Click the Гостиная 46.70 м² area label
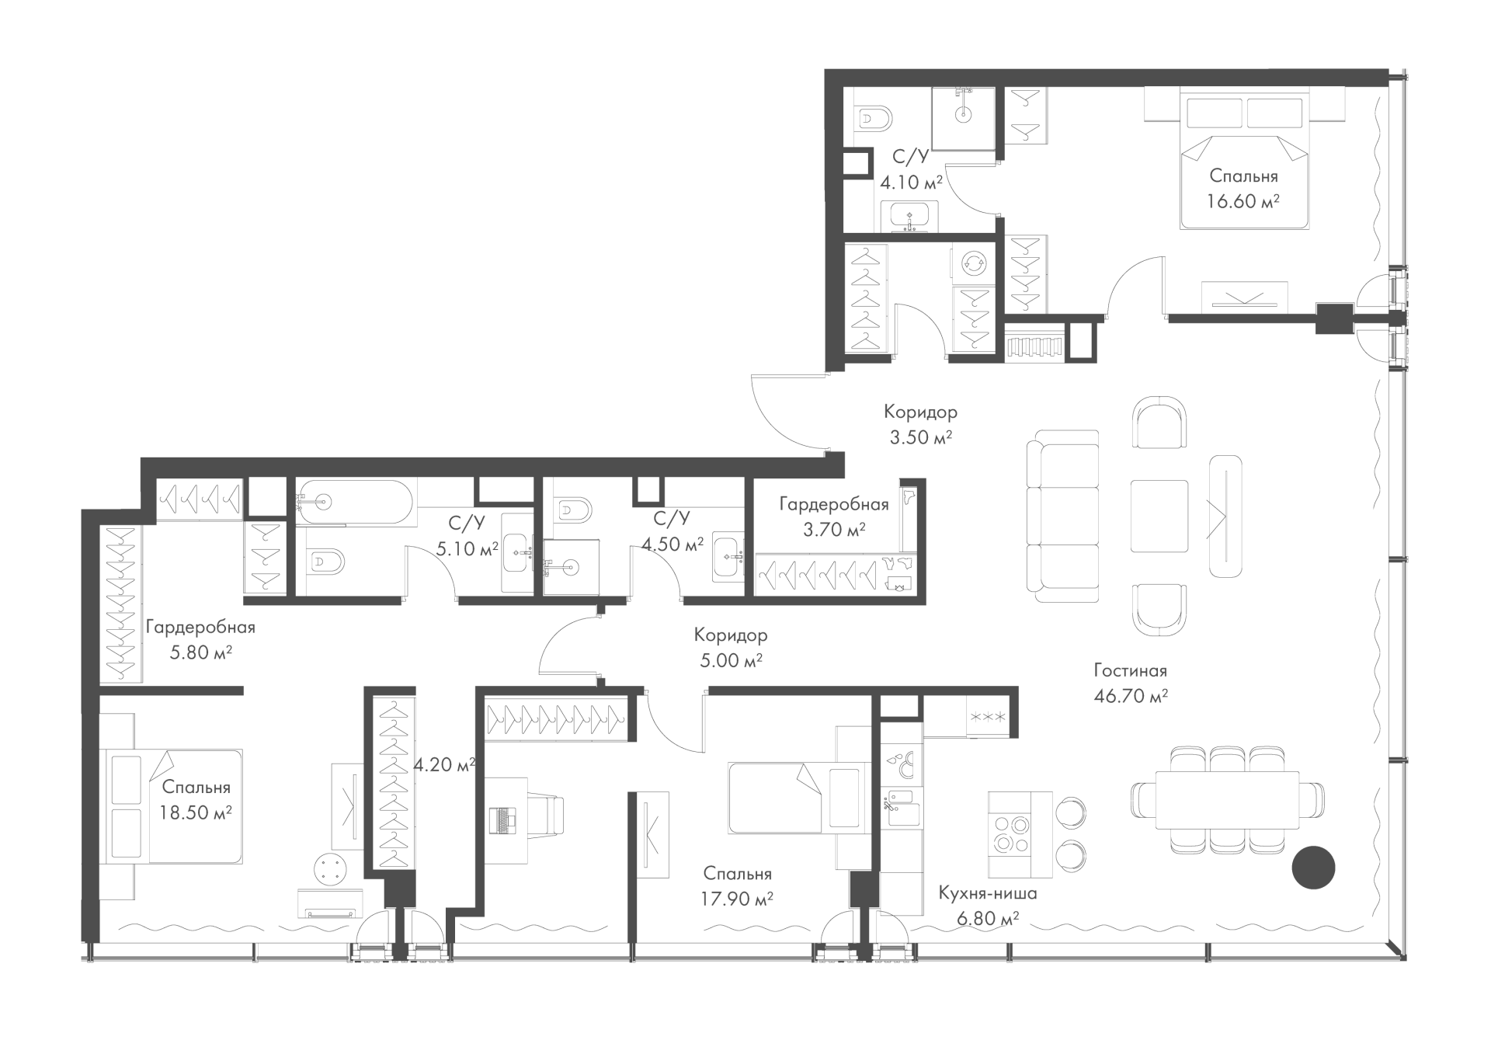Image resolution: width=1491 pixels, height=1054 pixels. coord(1131,683)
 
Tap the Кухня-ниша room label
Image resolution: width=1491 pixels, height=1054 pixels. coord(987,893)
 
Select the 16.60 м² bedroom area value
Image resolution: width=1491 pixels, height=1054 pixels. coord(1242,202)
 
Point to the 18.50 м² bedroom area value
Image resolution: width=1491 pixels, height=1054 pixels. coord(196,813)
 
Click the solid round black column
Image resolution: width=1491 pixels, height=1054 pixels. coord(1313,866)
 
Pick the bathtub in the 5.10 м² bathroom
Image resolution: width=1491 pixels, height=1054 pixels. coord(356,502)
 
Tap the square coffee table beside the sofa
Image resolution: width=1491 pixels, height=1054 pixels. coord(1159,516)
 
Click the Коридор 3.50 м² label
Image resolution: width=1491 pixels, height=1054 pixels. coord(920,424)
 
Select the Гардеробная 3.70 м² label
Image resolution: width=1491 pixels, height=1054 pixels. coord(834,517)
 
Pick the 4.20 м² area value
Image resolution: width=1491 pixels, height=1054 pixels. coord(444,765)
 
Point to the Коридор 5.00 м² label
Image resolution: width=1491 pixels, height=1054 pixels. coord(730,647)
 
